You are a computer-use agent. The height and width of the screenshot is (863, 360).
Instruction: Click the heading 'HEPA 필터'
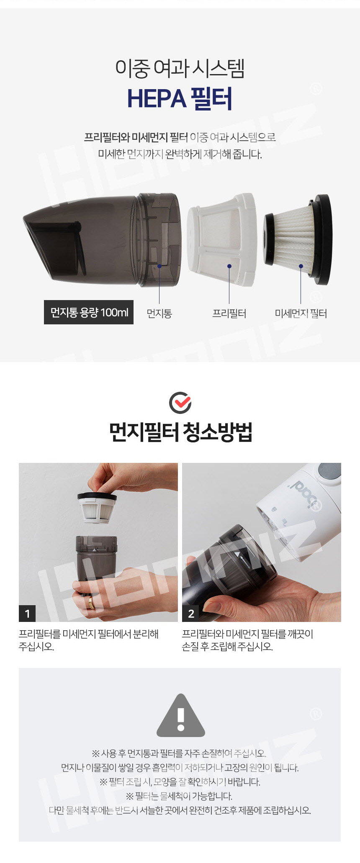click(x=180, y=99)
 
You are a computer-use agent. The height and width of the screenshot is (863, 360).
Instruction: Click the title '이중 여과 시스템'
click(x=180, y=68)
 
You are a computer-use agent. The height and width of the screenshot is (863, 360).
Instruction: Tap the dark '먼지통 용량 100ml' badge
click(x=89, y=312)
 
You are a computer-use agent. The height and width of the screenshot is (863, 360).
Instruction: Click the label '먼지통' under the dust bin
click(x=159, y=313)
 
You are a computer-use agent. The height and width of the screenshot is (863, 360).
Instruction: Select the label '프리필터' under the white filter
click(x=229, y=313)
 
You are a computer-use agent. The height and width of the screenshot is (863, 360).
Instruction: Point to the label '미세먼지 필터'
click(x=301, y=313)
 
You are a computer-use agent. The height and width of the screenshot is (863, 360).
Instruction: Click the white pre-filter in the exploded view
click(x=221, y=239)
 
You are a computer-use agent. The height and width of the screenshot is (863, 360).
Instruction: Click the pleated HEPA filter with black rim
click(x=297, y=239)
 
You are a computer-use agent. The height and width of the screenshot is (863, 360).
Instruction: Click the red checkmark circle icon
click(x=180, y=403)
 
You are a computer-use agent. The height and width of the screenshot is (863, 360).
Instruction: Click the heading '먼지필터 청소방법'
click(x=180, y=432)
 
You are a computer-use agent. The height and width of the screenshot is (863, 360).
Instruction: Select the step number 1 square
click(x=27, y=614)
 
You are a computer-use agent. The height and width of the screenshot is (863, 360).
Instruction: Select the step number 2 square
click(x=191, y=614)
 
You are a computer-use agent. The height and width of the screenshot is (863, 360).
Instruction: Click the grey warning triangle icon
click(x=181, y=716)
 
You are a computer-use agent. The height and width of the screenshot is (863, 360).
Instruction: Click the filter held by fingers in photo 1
click(x=97, y=507)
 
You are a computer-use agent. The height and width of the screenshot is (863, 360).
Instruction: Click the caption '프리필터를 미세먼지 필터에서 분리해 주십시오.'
click(x=89, y=640)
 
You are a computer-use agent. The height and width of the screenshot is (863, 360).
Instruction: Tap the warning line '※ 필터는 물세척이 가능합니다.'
click(x=179, y=796)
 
